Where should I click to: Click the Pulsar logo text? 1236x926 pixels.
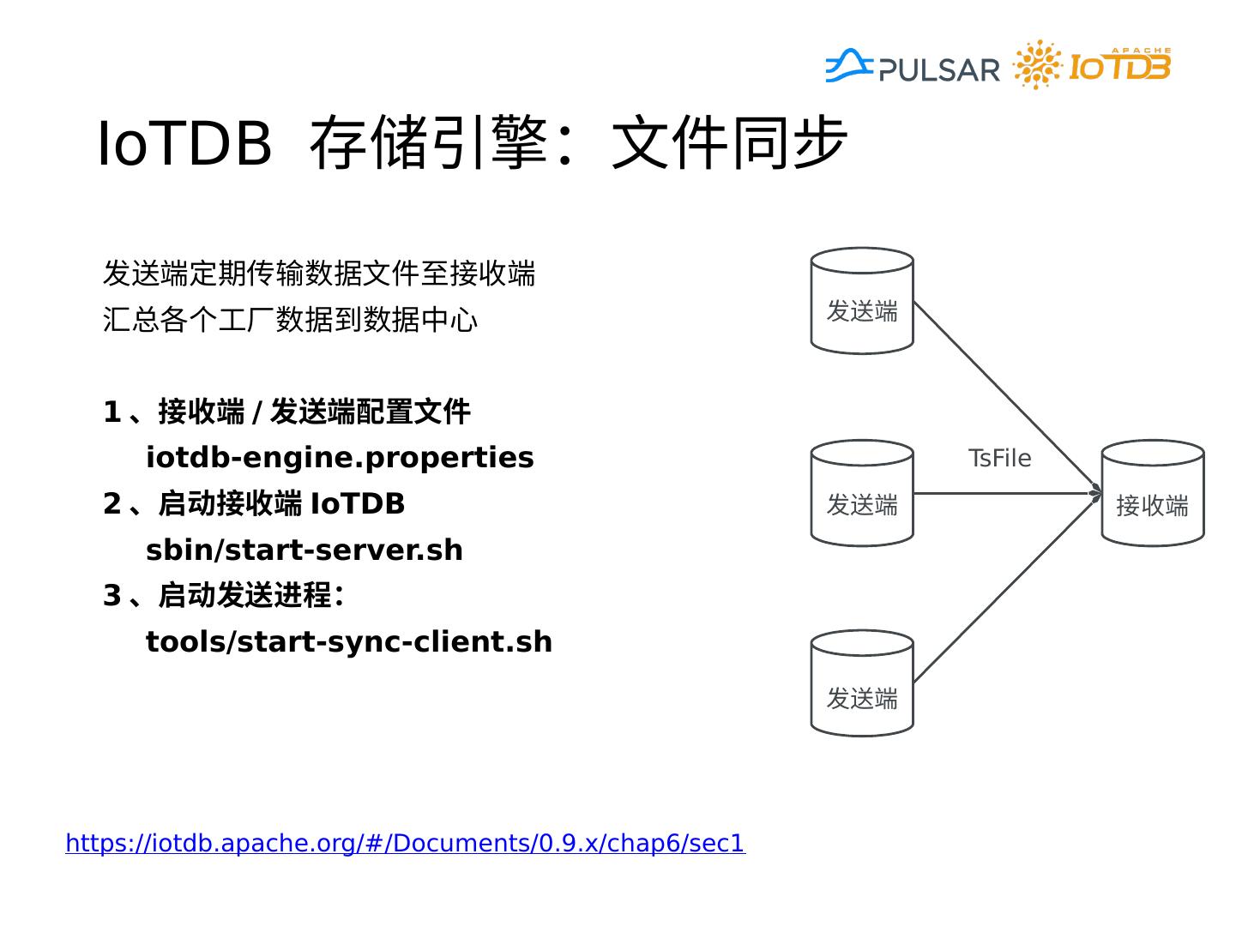(938, 69)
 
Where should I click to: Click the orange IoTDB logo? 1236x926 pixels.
(1093, 65)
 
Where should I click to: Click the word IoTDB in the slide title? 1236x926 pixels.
(184, 143)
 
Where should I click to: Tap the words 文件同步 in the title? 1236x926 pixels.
(729, 143)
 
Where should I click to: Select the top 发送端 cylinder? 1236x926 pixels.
(862, 301)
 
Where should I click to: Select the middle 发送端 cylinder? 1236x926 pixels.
(862, 494)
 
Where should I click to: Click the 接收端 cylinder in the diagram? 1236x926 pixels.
(1152, 494)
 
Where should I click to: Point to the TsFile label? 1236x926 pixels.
(999, 459)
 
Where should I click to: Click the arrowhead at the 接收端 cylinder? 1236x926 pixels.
(1095, 493)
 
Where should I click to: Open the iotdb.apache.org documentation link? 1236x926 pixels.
(405, 844)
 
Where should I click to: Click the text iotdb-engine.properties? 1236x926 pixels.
(340, 458)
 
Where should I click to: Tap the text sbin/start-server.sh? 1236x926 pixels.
(304, 550)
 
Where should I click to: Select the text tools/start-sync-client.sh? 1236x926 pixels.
(349, 642)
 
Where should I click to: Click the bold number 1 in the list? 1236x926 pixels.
(112, 412)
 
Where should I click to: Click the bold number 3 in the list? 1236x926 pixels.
(112, 596)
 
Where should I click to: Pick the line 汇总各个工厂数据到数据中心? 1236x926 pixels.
(290, 320)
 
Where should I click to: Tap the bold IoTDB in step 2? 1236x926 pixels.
(358, 504)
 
